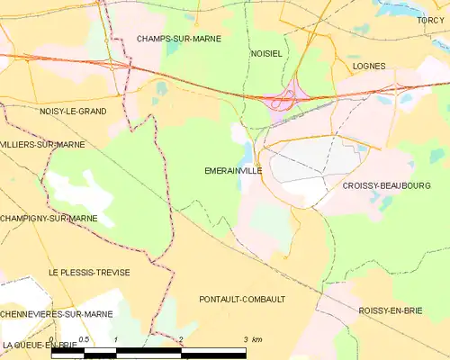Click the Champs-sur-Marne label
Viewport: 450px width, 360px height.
tap(178, 39)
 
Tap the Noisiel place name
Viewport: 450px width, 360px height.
tap(266, 53)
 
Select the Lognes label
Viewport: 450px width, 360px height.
tap(369, 66)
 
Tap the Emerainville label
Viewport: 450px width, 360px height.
tap(233, 169)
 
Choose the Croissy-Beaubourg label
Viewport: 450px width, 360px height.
tap(386, 185)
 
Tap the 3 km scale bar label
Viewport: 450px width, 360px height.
tap(251, 339)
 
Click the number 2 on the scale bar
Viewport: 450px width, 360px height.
tap(181, 339)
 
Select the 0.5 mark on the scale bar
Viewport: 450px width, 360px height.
tap(84, 339)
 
